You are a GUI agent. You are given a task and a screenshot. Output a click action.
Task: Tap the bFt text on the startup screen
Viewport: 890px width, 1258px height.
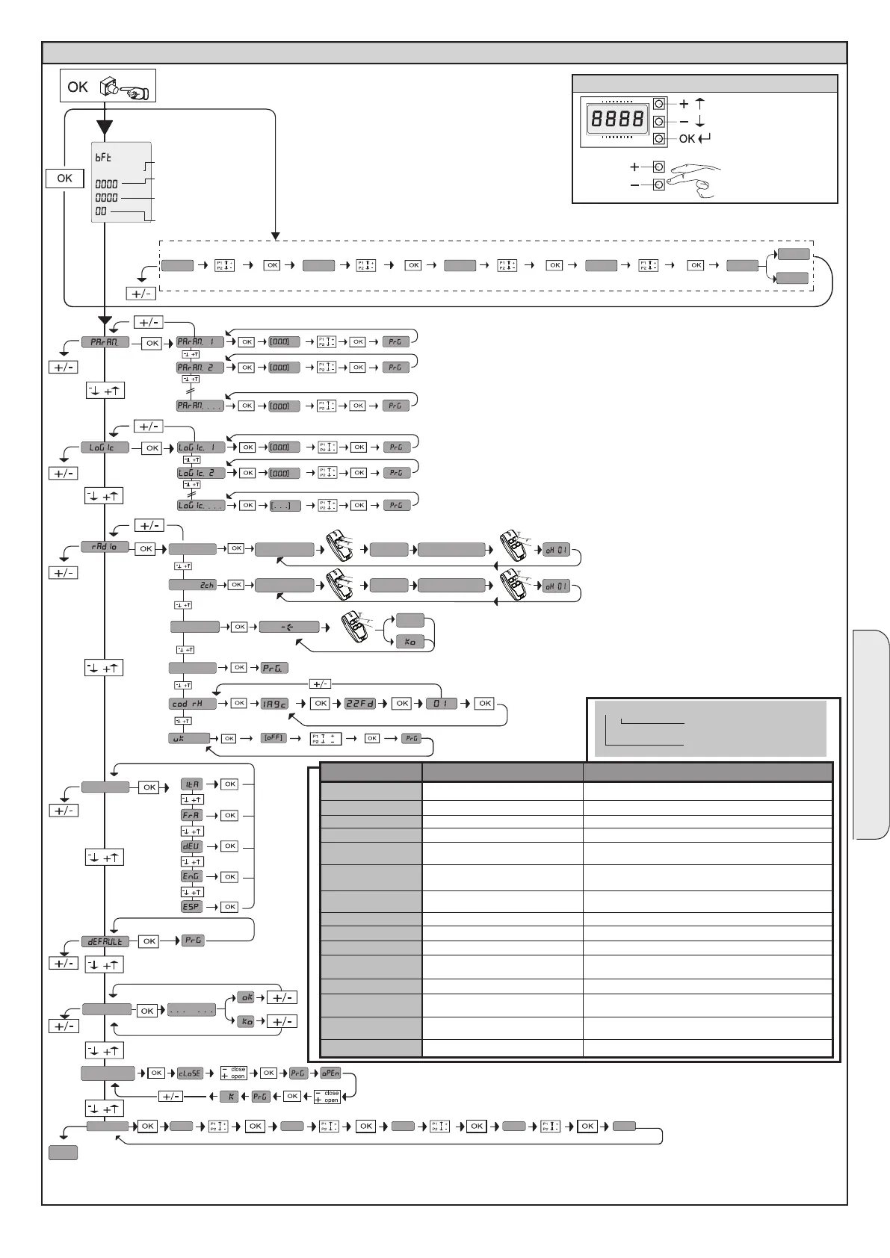(103, 158)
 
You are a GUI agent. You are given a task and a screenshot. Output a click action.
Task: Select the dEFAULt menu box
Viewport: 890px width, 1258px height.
(105, 941)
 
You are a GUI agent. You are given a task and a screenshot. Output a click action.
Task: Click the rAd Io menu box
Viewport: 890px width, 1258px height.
(105, 547)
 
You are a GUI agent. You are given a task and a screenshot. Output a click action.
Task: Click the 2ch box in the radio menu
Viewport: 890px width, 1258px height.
(193, 585)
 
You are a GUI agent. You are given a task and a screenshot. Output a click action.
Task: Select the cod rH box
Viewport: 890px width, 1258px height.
(192, 704)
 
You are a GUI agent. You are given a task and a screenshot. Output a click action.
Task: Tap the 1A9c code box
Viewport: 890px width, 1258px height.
(274, 704)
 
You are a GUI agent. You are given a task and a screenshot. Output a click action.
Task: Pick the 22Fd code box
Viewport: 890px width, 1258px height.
(359, 704)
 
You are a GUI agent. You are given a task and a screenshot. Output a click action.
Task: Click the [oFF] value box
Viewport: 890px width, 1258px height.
(274, 738)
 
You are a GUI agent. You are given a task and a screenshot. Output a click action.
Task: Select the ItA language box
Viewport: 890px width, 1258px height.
(192, 784)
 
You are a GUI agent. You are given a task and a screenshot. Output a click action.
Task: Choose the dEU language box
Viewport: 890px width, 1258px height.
(192, 846)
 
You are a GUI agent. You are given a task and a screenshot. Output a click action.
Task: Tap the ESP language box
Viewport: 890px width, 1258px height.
(192, 907)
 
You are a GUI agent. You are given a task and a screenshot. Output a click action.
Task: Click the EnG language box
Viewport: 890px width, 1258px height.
(192, 876)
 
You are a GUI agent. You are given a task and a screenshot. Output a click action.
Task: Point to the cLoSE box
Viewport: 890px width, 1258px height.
(189, 1073)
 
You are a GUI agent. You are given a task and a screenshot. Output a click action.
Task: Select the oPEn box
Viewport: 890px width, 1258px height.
(330, 1073)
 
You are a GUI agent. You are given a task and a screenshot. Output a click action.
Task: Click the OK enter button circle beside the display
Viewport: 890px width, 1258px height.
(659, 139)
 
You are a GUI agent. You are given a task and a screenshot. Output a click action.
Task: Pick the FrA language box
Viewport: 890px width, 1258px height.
(192, 815)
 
